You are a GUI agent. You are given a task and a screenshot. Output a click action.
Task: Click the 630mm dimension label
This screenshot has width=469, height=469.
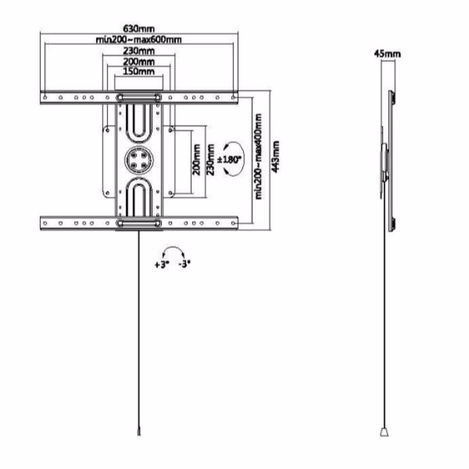tap(139, 29)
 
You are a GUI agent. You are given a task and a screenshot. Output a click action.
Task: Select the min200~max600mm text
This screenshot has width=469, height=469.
tap(138, 39)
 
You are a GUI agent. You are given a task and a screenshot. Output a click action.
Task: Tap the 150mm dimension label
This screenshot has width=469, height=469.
tap(139, 71)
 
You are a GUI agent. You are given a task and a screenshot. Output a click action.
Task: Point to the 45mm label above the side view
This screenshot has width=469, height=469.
tap(387, 54)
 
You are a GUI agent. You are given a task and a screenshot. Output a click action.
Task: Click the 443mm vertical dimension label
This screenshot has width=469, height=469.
tap(275, 157)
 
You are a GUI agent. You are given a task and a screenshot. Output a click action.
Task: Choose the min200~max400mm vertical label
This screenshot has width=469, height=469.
tap(258, 157)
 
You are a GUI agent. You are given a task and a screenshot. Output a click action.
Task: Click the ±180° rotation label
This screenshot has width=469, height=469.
tap(229, 159)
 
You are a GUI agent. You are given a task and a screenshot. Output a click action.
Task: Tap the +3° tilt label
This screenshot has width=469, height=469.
tap(162, 264)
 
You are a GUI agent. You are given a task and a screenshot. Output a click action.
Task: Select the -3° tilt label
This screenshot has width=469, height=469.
tap(184, 264)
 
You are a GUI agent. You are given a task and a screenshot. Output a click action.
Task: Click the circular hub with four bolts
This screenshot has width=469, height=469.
tap(139, 160)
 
